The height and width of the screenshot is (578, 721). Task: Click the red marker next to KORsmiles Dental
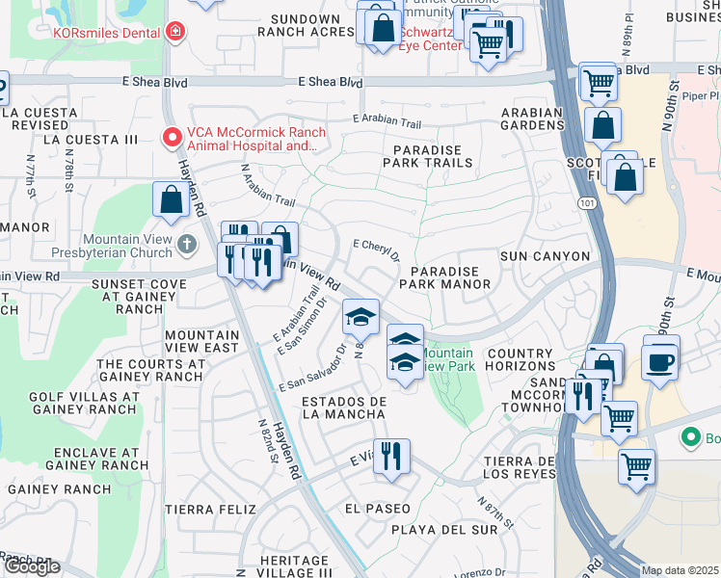[174, 32]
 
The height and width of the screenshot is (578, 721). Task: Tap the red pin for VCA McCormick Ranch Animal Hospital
[173, 138]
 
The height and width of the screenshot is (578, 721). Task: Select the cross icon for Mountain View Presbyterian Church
[187, 245]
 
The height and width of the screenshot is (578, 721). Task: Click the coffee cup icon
[661, 361]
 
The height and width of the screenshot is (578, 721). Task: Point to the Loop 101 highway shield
[588, 203]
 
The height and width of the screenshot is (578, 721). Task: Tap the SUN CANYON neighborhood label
[544, 256]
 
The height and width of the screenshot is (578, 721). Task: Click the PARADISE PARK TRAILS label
[428, 157]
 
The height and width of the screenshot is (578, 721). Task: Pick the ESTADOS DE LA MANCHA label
[344, 407]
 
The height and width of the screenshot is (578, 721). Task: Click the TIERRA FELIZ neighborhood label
[210, 509]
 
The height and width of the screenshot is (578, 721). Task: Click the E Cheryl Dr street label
[376, 250]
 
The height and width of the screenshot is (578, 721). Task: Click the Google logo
[32, 566]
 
